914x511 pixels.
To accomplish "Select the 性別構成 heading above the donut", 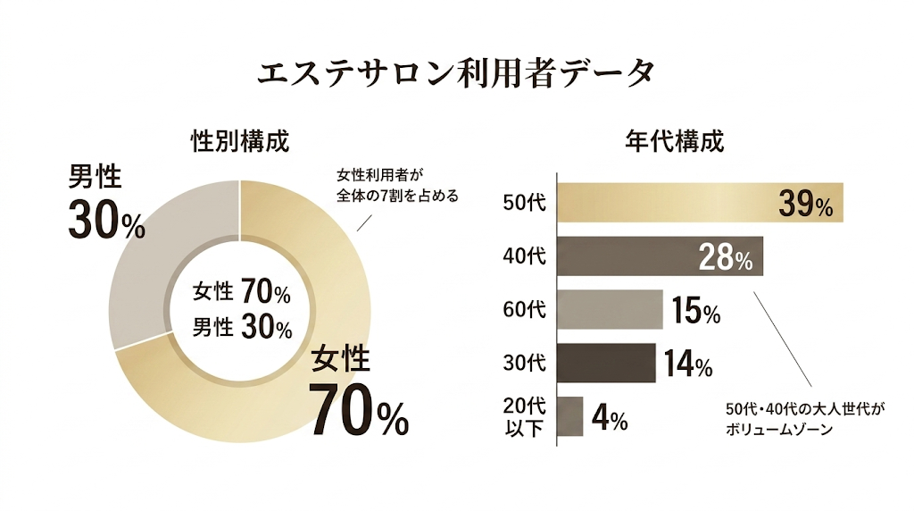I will tap(240, 141).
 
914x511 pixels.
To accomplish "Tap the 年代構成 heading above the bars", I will tap(675, 141).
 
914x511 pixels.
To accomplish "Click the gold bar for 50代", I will tap(661, 203).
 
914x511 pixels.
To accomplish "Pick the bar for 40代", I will tap(625, 256).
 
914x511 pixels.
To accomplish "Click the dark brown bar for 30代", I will tap(606, 363).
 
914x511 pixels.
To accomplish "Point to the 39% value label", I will tap(805, 205).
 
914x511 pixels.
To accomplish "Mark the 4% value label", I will tap(610, 418).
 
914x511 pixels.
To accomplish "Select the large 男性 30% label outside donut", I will tap(106, 203).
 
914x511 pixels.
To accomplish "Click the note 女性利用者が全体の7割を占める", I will tap(396, 186).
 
